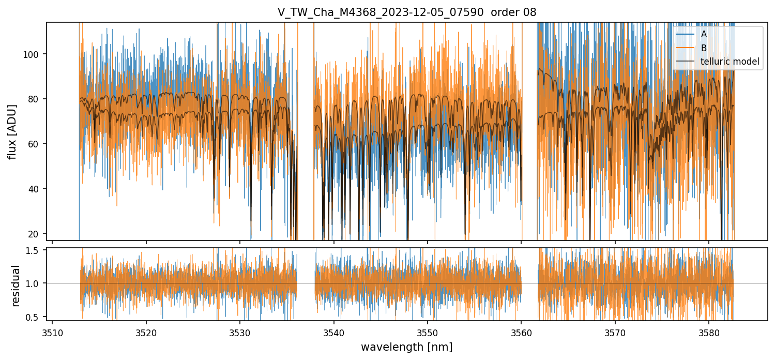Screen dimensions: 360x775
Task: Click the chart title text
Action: point(407,12)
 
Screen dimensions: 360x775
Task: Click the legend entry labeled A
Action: point(704,34)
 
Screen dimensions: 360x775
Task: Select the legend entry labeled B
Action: point(704,48)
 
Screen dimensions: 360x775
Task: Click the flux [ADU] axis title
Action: point(12,131)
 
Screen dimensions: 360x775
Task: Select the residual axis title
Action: point(16,286)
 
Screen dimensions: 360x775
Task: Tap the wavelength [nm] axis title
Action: point(406,347)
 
